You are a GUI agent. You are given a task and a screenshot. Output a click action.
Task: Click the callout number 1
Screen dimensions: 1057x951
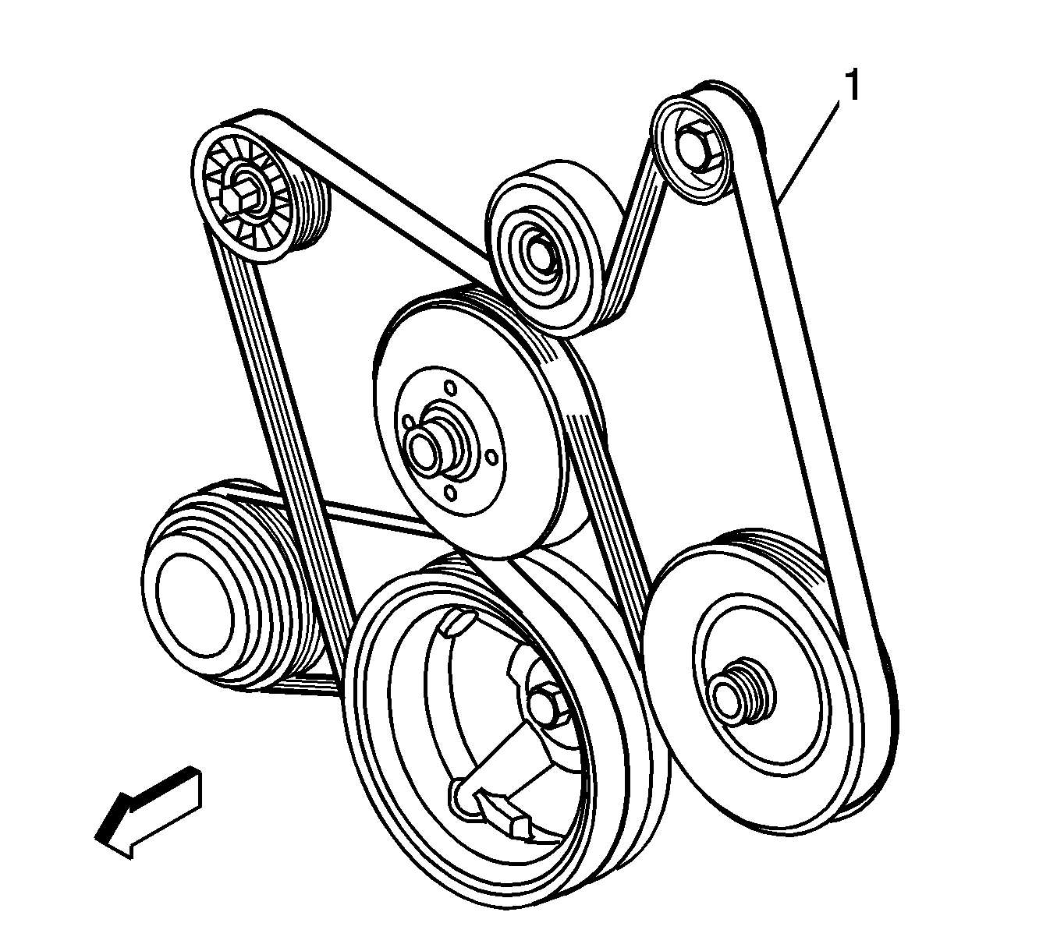[852, 87]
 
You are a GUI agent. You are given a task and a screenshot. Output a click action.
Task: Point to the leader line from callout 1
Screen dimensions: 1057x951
[809, 153]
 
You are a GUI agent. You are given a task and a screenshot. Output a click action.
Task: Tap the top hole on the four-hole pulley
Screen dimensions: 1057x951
[450, 388]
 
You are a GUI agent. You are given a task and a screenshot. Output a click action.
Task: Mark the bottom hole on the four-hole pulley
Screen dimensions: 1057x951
[450, 493]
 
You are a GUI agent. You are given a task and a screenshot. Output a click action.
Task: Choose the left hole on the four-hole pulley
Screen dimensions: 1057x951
[407, 422]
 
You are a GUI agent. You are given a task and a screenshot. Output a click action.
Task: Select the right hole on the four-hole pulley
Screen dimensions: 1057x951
[492, 457]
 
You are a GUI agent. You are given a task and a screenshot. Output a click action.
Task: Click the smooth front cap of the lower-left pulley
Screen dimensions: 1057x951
[195, 606]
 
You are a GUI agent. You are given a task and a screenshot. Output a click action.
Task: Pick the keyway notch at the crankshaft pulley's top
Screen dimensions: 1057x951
[456, 623]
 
